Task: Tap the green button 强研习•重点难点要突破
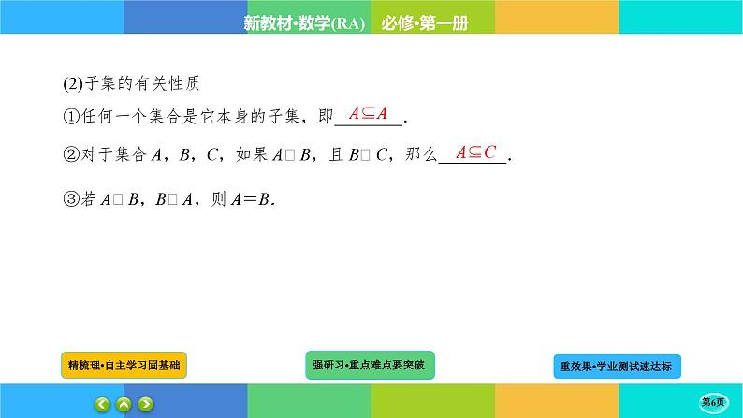click(371, 364)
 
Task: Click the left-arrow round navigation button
click(100, 404)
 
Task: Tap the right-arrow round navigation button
click(146, 404)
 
